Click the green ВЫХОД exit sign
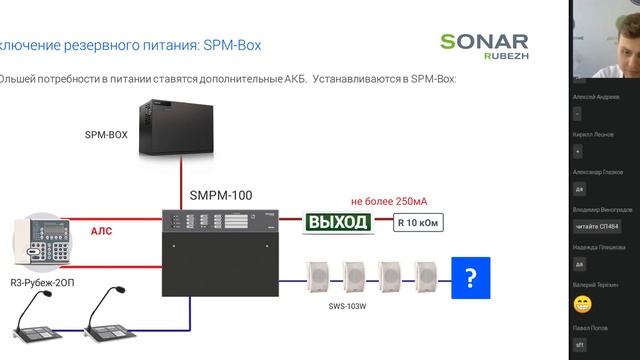(x=338, y=222)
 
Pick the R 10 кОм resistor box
(x=418, y=223)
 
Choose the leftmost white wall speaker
(x=318, y=277)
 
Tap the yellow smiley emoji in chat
(x=582, y=302)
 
